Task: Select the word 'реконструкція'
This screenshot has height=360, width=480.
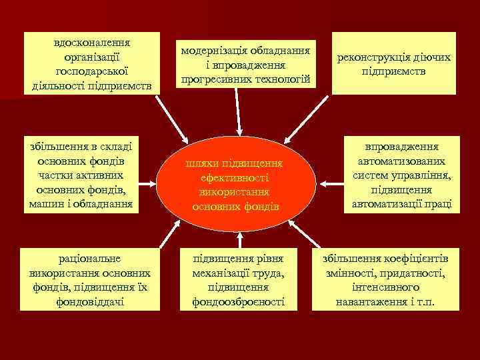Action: pyautogui.click(x=373, y=58)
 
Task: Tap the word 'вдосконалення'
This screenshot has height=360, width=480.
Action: pyautogui.click(x=91, y=42)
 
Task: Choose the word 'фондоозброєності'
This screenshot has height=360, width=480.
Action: pyautogui.click(x=237, y=302)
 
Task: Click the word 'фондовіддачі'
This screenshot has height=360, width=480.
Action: pyautogui.click(x=91, y=302)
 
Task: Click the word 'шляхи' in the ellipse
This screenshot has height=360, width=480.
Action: pyautogui.click(x=201, y=163)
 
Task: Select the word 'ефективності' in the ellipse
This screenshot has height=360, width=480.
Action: pyautogui.click(x=234, y=178)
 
